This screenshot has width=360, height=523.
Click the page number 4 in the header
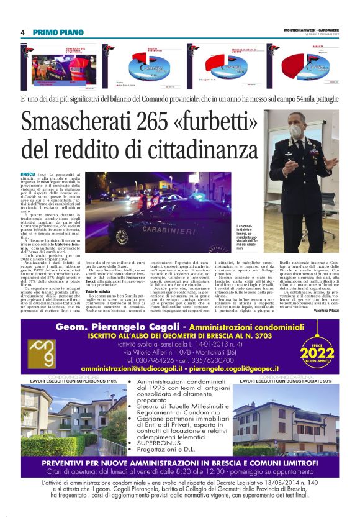22,32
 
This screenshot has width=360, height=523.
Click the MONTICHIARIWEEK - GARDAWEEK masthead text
308,30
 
